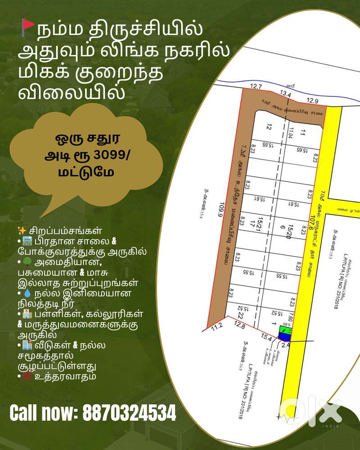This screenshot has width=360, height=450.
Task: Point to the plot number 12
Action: [x=270, y=128]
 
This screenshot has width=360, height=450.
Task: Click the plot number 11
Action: [x=302, y=133]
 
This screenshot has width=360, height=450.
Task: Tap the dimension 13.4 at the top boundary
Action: [x=286, y=94]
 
